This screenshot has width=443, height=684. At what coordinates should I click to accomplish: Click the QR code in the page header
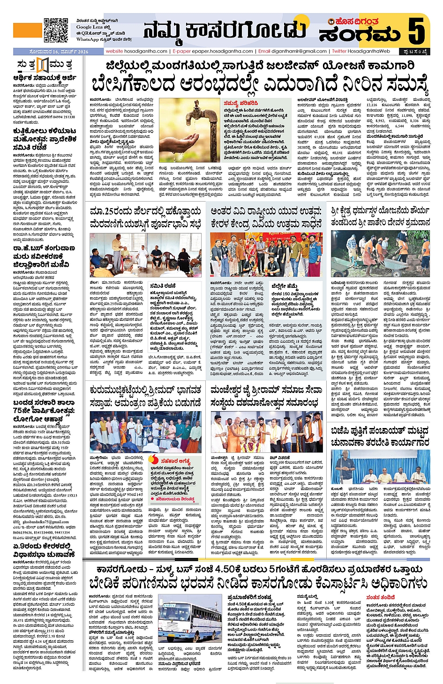click(x=56, y=30)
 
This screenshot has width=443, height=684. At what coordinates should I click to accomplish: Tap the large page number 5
click(x=416, y=30)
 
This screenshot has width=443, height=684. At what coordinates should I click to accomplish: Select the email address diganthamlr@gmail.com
click(x=299, y=51)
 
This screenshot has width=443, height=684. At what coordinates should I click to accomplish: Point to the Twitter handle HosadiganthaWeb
click(x=368, y=51)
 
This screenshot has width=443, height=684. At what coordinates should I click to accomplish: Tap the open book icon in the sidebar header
click(x=43, y=65)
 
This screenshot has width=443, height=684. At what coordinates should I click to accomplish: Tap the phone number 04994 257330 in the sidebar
click(x=62, y=117)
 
